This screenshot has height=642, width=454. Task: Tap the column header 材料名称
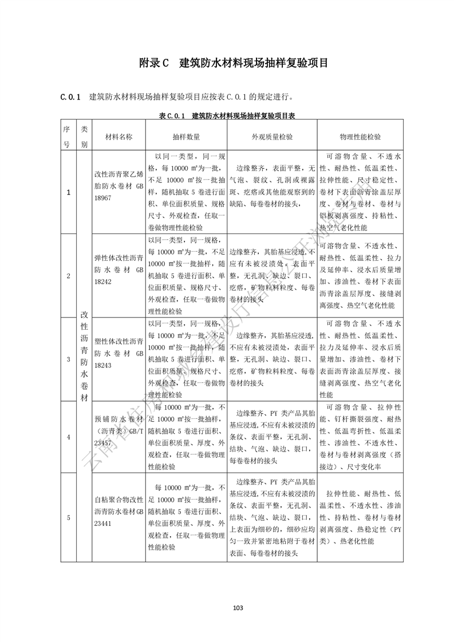119,137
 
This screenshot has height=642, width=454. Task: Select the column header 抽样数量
186,137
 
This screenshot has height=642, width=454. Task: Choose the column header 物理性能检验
360,137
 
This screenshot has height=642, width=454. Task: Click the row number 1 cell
69,192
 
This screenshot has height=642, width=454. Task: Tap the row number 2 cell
69,276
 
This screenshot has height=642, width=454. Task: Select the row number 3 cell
69,359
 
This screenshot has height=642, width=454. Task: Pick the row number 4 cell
69,437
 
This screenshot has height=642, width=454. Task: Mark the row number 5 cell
69,518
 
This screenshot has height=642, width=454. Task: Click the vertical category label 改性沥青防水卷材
84,355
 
